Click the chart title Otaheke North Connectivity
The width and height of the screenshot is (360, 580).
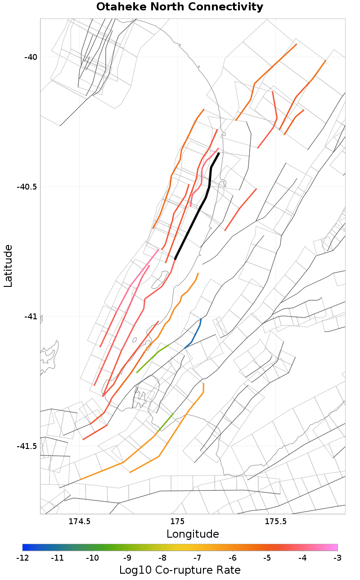click(180, 7)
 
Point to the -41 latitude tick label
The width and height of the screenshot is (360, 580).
click(31, 317)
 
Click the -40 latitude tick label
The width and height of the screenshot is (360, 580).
click(31, 57)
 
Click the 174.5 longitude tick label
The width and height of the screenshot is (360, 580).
click(80, 522)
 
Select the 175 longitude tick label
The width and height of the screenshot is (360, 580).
click(178, 522)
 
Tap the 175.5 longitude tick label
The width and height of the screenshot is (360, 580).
click(275, 522)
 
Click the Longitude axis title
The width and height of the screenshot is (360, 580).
click(193, 534)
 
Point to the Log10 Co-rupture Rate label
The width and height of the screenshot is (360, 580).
click(180, 570)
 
